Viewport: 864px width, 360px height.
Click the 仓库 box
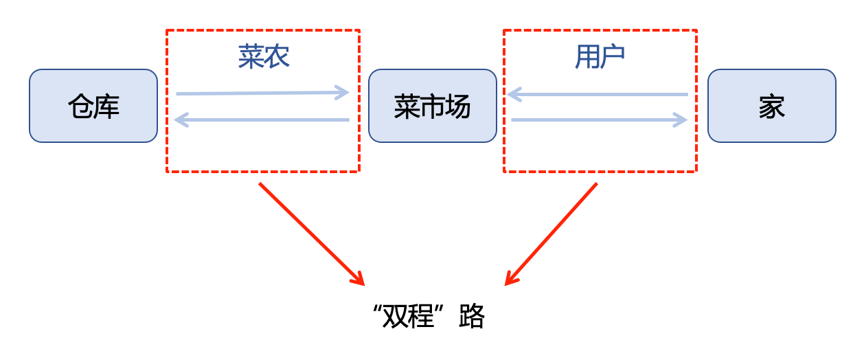93,106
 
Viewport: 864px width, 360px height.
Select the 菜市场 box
432,106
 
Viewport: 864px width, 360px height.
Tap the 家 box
771,106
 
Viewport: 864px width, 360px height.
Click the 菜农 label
264,57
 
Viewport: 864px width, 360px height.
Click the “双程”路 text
428,317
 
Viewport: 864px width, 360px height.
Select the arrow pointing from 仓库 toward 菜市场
262,93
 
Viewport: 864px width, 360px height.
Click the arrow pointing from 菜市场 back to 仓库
262,120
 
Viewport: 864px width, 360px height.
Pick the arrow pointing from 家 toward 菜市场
598,93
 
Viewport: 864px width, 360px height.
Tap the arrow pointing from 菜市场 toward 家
598,120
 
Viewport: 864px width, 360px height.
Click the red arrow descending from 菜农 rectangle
310,234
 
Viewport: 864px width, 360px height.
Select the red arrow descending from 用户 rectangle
552,234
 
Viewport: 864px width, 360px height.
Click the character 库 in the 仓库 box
106,106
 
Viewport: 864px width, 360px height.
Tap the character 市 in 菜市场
432,106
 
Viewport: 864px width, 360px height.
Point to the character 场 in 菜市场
457,106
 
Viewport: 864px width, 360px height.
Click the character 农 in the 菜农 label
277,57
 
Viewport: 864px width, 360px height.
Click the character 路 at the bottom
473,317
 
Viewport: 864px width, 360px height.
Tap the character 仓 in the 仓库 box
80,106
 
